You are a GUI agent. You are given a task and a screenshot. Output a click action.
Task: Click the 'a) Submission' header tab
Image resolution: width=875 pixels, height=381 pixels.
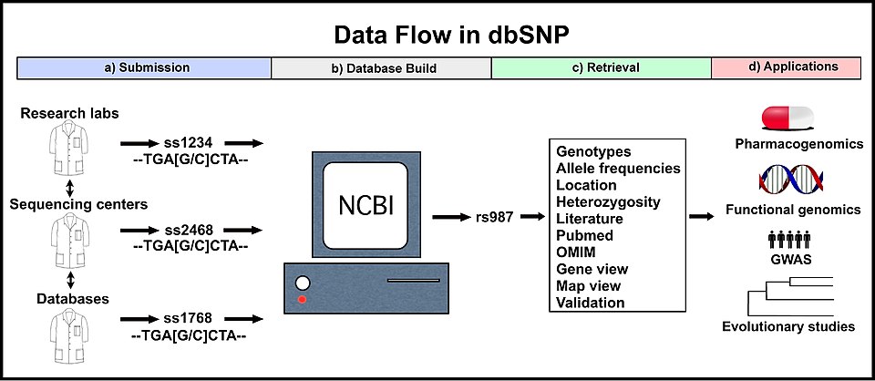point(145,67)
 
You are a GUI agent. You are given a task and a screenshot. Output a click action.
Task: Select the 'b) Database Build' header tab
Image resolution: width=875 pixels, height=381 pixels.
point(381,67)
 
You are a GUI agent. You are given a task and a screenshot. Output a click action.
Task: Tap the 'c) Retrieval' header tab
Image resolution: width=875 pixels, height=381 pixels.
point(602,67)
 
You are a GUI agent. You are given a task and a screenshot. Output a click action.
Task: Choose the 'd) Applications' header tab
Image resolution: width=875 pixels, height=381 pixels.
point(787,67)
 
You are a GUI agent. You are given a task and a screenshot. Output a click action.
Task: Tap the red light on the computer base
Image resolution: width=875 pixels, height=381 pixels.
point(302,298)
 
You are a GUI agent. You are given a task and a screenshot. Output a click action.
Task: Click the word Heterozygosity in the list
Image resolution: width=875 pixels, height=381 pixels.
point(608,201)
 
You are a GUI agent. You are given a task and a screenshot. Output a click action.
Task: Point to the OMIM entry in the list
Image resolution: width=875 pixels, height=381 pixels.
point(578,252)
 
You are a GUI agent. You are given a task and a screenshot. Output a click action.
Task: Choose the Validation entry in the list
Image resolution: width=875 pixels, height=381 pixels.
point(591,303)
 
